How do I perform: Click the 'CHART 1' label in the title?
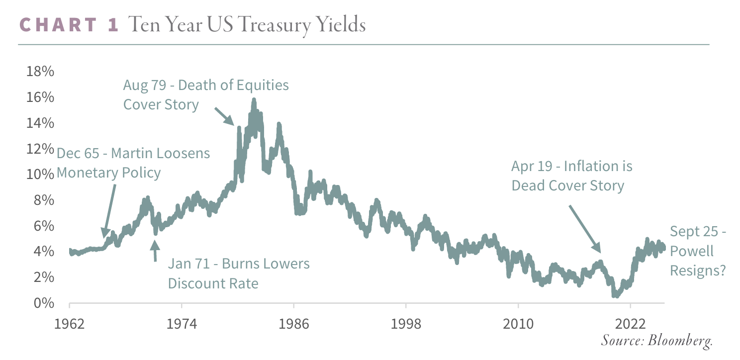[x=69, y=24]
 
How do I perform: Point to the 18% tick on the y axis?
[x=40, y=72]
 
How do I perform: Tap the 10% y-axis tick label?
[x=40, y=175]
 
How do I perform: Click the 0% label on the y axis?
[x=43, y=303]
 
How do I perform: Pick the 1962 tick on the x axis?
[x=70, y=324]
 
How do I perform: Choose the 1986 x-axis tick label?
[x=294, y=324]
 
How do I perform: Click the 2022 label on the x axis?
[x=630, y=324]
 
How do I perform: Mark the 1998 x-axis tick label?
[x=406, y=324]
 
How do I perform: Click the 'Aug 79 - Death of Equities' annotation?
[x=206, y=85]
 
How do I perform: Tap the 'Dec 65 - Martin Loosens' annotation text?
[x=133, y=153]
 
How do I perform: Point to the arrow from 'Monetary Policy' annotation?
[x=109, y=209]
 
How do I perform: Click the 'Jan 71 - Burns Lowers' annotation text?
[x=239, y=264]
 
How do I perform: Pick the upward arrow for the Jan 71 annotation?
[x=155, y=251]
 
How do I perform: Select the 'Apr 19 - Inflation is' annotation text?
[x=571, y=166]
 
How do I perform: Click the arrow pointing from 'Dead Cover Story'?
[x=585, y=229]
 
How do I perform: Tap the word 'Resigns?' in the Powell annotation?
[x=697, y=270]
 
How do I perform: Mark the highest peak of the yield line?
[x=254, y=100]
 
